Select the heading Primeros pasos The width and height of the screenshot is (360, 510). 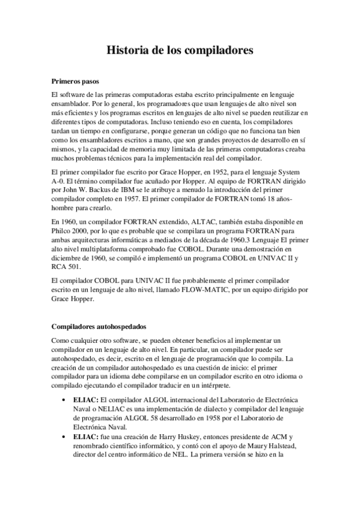tap(75, 81)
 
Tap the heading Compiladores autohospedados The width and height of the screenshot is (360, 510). tap(99, 327)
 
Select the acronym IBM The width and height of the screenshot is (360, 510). tap(140, 189)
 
